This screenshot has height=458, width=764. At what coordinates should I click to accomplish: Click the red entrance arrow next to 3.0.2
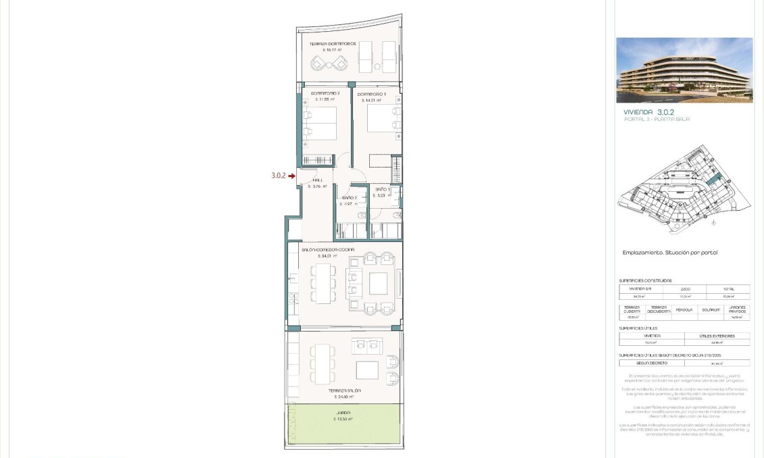[291, 176]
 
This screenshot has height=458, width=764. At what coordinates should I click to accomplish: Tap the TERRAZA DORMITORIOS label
[333, 43]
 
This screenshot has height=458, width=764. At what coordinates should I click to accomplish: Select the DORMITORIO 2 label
[316, 93]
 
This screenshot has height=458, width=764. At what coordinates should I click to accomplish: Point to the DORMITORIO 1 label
[371, 94]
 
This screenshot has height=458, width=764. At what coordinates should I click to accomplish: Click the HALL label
[317, 180]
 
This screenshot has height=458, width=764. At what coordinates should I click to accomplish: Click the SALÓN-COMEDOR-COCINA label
[328, 250]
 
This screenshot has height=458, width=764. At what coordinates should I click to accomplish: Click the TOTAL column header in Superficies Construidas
[727, 288]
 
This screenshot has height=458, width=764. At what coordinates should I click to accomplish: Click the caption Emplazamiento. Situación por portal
[669, 253]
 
